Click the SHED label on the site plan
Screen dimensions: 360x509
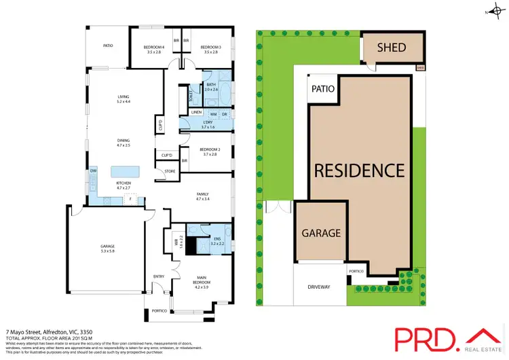tap(392, 48)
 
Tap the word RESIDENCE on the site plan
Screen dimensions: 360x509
tap(358, 170)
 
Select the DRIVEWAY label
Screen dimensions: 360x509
tap(319, 287)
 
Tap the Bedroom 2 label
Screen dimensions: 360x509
tap(210, 151)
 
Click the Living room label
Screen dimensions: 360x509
tap(123, 99)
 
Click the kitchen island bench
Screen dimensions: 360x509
tap(123, 170)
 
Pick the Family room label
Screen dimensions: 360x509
tap(204, 196)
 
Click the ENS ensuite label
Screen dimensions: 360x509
tap(217, 239)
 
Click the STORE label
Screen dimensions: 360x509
tap(169, 171)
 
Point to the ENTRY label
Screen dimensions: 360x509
tap(159, 276)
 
